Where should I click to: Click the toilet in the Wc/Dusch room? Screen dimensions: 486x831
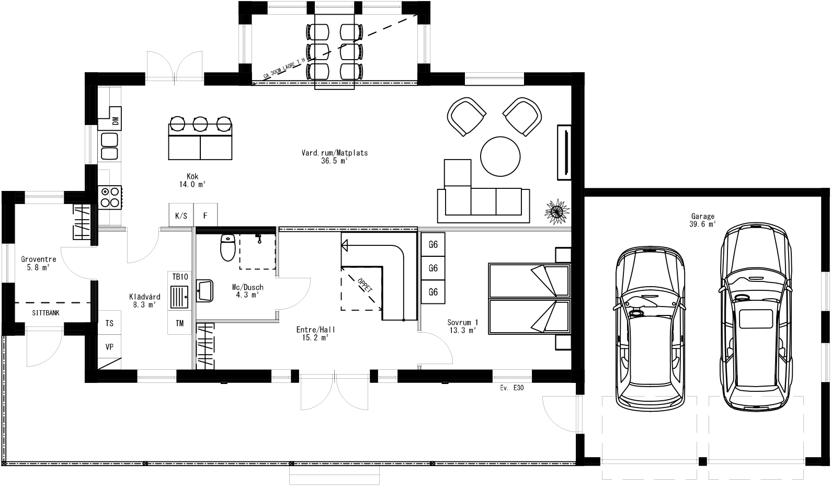[227, 248]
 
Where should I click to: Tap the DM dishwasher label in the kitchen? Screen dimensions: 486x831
[115, 121]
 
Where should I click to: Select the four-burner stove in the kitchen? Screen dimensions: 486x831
[110, 197]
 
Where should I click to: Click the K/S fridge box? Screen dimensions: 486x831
[181, 216]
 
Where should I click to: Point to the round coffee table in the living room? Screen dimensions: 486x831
[500, 156]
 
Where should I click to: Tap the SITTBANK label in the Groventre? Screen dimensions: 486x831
[46, 313]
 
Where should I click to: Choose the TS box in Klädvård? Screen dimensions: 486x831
[109, 323]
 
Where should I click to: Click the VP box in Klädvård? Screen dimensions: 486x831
[109, 347]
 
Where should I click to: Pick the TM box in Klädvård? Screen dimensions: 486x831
[180, 323]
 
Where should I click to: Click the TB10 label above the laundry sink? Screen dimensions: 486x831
[179, 277]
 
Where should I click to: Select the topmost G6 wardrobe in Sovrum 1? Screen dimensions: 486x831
[433, 244]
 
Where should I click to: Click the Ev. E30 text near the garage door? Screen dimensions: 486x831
[511, 389]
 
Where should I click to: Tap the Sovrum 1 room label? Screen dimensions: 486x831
[462, 326]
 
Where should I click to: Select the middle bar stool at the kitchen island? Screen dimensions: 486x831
[200, 123]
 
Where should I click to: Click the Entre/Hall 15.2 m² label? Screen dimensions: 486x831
[315, 333]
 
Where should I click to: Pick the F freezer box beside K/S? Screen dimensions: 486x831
[206, 216]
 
